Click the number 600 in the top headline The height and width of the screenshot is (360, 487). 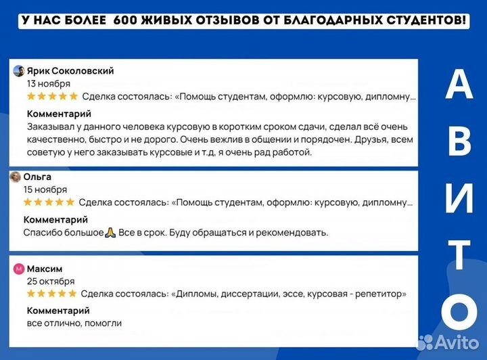pos(126,21)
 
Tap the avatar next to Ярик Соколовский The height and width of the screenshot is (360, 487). pos(19,71)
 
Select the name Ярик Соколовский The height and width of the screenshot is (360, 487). pos(70,71)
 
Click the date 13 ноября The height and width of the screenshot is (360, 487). pos(49,84)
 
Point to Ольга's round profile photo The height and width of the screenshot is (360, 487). pos(16,177)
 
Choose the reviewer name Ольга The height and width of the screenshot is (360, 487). pos(37,177)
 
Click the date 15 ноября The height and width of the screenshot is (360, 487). pos(45,189)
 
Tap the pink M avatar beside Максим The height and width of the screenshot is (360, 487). pos(19,269)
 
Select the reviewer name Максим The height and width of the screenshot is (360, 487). pos(45,269)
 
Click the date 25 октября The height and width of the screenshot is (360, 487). pos(51,281)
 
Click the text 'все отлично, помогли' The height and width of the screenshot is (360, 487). pos(74,323)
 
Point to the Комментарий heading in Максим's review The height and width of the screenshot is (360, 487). pos(58,311)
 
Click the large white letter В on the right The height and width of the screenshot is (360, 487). pos(459,141)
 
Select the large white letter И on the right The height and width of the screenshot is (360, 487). pos(459,197)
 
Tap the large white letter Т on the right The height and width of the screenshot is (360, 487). pos(459,254)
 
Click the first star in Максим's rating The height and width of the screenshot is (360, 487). pos(32,294)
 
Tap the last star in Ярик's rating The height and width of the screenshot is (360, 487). pos(74,97)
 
